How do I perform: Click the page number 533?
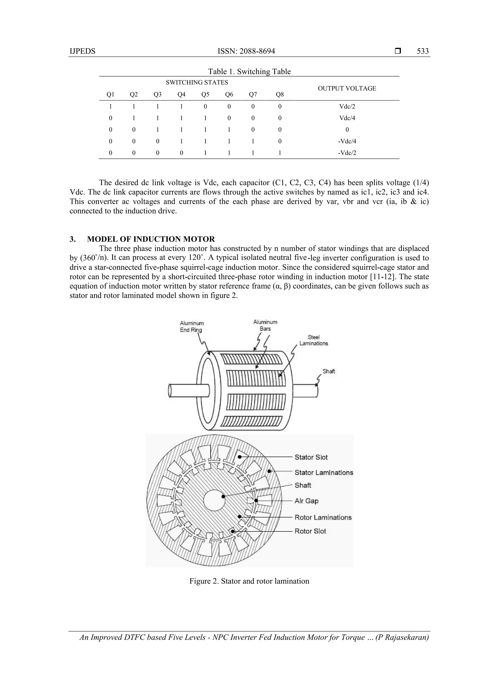coord(423,51)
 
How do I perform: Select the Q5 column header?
coord(205,95)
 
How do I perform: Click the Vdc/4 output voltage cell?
coord(347,118)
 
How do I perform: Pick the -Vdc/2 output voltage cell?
coord(347,153)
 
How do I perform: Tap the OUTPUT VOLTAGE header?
coord(347,88)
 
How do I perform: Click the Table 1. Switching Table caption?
coord(249,72)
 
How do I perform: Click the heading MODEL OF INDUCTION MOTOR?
coord(151,239)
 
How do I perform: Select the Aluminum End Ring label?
coord(191,327)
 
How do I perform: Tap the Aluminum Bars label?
coord(265,325)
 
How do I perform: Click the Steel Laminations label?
coord(314,340)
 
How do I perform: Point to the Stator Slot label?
coord(311,457)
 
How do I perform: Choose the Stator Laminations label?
coord(324,473)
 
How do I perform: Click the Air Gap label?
coord(306,501)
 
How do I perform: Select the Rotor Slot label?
coord(310,531)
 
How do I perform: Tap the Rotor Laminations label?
coord(323,517)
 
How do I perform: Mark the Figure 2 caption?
coord(249,581)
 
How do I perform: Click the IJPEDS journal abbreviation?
coord(82,51)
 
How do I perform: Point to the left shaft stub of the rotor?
coord(183,391)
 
